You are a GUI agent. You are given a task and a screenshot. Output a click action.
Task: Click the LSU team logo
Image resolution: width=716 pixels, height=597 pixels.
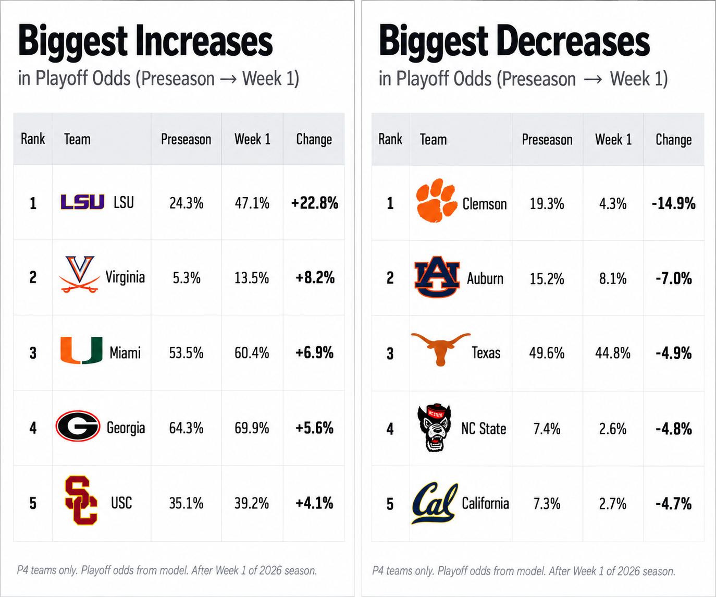[x=82, y=202]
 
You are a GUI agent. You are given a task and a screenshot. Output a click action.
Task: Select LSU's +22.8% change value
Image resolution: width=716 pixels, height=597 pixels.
[x=315, y=203]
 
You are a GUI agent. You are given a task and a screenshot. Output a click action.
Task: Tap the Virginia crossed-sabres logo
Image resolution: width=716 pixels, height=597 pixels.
[x=80, y=274]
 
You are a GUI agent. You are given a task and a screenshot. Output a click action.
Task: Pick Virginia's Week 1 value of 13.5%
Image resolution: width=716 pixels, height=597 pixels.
[x=252, y=278]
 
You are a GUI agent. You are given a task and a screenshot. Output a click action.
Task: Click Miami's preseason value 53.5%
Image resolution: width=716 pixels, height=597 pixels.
[x=186, y=352]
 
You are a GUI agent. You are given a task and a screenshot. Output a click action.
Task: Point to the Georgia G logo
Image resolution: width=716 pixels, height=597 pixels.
[x=78, y=426]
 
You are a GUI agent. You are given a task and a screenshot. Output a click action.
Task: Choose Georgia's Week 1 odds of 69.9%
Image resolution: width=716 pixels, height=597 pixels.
[x=252, y=428]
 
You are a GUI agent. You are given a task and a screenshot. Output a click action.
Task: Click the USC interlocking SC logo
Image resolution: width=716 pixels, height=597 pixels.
[x=81, y=500]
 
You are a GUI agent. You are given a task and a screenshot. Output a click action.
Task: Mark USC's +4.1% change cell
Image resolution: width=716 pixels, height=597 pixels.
[x=314, y=503]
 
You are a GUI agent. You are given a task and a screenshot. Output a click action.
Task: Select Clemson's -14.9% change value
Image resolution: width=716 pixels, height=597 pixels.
[x=674, y=203]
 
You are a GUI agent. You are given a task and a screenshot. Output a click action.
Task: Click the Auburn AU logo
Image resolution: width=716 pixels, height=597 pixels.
[x=437, y=277]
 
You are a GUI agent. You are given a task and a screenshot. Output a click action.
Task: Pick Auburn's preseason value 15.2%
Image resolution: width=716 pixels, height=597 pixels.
[x=547, y=278]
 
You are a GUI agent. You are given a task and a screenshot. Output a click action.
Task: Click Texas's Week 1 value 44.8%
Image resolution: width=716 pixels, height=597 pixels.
[x=613, y=353]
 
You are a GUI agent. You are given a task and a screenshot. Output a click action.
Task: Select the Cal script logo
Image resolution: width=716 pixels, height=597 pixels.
[x=435, y=503]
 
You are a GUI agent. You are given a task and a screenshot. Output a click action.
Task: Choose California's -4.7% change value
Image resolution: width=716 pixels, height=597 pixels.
[x=674, y=504]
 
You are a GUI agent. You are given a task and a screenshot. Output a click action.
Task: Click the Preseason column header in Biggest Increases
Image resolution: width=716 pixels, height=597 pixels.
[x=186, y=139]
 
